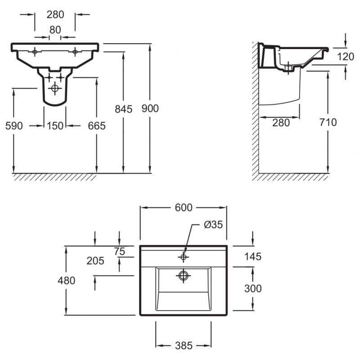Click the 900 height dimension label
pyautogui.click(x=150, y=108)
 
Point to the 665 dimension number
pyautogui.click(x=96, y=126)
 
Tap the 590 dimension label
pyautogui.click(x=14, y=126)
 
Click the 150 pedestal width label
pyautogui.click(x=55, y=126)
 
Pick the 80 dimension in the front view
pyautogui.click(x=55, y=30)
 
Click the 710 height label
pyautogui.click(x=327, y=122)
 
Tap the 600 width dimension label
pyautogui.click(x=183, y=207)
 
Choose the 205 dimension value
pyautogui.click(x=95, y=261)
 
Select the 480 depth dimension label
pyautogui.click(x=67, y=281)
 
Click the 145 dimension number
pyautogui.click(x=252, y=256)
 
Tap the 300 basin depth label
pyautogui.click(x=252, y=288)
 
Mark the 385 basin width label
pyautogui.click(x=183, y=346)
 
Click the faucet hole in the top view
pyautogui.click(x=183, y=256)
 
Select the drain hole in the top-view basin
pyautogui.click(x=183, y=275)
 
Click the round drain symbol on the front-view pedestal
pyautogui.click(x=55, y=88)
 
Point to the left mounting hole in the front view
pyautogui.click(x=35, y=52)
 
